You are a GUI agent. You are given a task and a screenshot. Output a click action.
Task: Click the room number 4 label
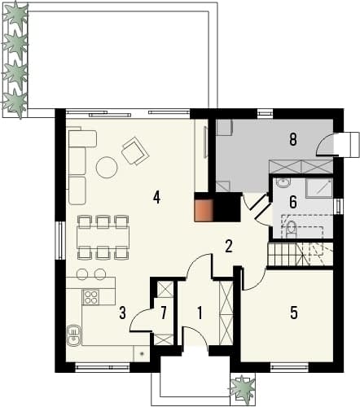156,197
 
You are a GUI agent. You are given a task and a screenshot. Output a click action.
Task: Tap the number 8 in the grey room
292,140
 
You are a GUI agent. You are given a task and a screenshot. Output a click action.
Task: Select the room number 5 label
294,313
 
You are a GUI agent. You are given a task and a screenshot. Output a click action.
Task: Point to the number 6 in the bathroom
293,203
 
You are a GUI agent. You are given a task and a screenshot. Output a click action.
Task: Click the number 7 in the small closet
163,313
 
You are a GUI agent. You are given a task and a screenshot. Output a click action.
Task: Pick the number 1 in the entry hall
200,313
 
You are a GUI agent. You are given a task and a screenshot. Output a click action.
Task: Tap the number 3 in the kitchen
123,313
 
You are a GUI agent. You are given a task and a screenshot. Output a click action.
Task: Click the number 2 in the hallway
229,246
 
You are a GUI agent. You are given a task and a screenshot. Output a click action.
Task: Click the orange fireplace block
203,210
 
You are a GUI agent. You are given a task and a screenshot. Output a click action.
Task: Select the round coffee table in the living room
107,168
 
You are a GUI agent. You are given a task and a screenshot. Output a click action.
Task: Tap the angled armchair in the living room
135,151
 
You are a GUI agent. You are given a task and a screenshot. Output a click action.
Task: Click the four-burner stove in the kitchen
90,296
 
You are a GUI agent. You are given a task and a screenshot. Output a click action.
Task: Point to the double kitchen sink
73,335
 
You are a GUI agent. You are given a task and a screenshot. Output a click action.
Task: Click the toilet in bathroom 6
292,230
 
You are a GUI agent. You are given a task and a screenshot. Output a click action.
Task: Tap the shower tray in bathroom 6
319,188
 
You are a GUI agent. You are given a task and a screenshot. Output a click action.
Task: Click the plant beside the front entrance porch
243,387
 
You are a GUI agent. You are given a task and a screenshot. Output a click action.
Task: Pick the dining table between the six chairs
103,237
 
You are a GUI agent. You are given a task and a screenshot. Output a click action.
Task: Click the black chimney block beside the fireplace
226,207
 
